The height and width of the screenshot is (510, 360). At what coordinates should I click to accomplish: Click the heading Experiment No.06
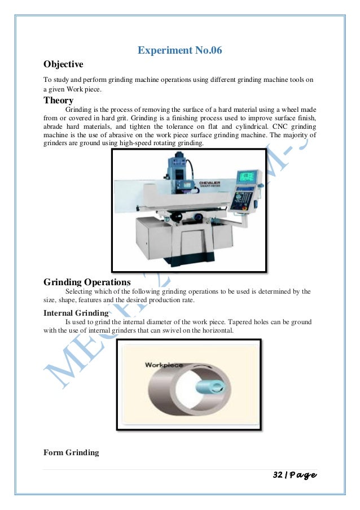click(x=180, y=51)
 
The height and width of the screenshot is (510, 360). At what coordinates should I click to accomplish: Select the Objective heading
click(x=63, y=64)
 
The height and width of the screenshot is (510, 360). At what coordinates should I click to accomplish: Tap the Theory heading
click(x=59, y=101)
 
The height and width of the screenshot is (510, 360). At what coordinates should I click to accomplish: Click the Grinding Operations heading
click(x=87, y=282)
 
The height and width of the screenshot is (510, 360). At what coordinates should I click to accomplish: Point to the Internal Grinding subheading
click(x=76, y=313)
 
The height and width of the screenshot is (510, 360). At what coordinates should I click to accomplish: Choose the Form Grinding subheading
click(x=71, y=452)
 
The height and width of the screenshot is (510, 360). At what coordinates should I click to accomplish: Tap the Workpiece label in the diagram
click(x=161, y=365)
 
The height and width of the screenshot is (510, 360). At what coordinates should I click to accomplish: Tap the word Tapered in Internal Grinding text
click(x=213, y=322)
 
